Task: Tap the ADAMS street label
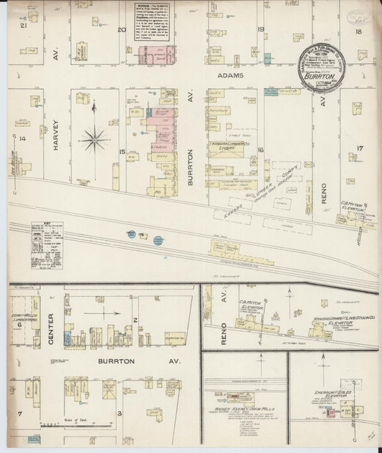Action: click(232, 75)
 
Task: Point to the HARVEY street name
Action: click(57, 138)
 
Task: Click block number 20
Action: click(122, 29)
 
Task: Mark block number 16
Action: click(262, 149)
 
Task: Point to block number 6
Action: click(19, 324)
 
